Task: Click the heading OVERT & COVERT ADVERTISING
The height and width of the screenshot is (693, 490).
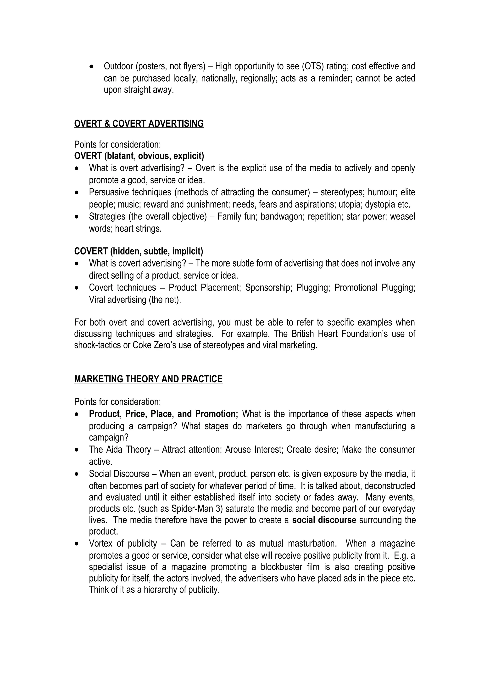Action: tap(139, 124)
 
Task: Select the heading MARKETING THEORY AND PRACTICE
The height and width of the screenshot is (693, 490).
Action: tap(148, 379)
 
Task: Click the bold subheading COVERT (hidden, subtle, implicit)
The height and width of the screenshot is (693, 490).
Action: tap(139, 251)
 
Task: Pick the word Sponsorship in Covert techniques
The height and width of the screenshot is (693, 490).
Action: tap(268, 288)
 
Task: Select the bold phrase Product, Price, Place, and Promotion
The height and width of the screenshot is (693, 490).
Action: tap(163, 414)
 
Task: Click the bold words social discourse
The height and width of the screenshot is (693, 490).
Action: tap(324, 520)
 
